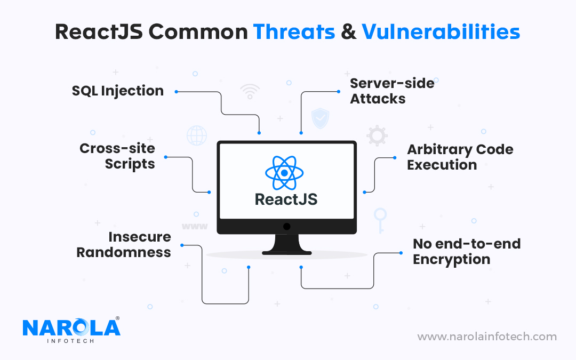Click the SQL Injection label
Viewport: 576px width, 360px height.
117,91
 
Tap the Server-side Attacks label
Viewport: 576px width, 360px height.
392,91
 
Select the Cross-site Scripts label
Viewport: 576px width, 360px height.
117,156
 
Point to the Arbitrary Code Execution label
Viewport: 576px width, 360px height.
460,157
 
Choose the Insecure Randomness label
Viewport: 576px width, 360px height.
123,244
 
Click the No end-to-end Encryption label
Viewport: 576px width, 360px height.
467,252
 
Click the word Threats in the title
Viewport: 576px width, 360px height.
294,31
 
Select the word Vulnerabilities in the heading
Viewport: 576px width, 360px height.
441,31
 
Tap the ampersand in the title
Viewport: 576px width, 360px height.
348,32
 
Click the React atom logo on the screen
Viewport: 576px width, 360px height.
284,173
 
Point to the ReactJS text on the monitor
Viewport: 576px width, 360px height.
286,199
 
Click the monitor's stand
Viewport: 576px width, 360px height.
286,244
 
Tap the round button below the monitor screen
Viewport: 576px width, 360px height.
287,227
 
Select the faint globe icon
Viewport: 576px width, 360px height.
196,135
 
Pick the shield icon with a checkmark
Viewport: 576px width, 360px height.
321,118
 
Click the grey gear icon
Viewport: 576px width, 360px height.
377,136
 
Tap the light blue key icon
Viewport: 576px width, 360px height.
380,220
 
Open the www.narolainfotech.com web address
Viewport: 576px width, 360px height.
487,337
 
